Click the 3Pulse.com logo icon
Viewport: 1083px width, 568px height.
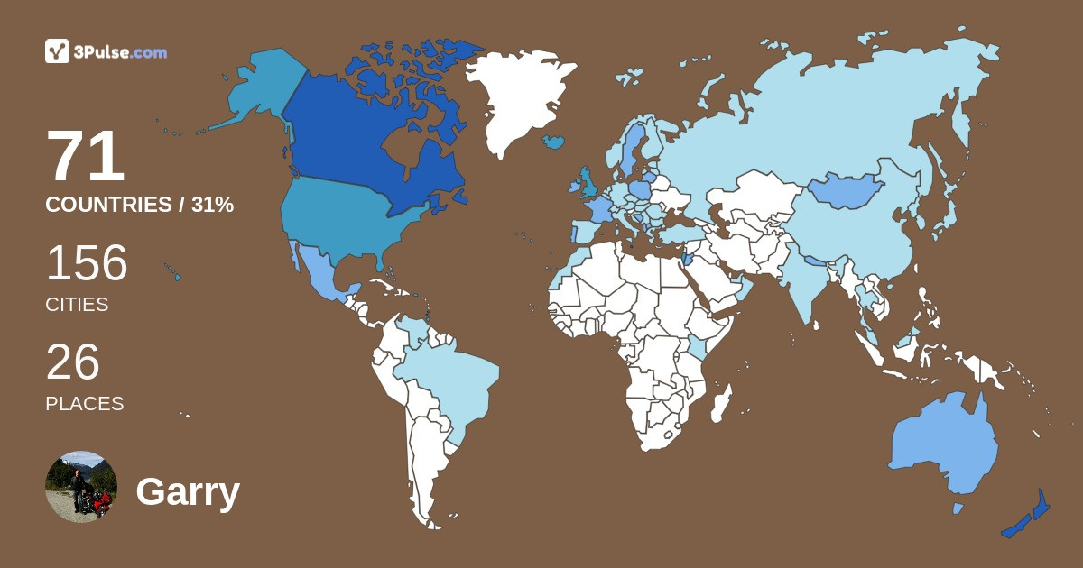click(57, 51)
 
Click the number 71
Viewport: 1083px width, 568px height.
click(86, 158)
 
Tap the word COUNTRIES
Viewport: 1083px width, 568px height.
click(108, 205)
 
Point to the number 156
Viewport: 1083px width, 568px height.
click(87, 263)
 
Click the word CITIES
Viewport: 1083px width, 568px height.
click(77, 305)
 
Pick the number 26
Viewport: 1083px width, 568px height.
click(72, 362)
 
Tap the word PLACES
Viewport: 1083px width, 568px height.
click(85, 404)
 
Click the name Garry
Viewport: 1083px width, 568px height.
click(188, 492)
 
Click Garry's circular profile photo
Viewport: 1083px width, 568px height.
click(81, 487)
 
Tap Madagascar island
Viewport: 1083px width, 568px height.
click(721, 403)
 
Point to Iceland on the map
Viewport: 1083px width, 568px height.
click(554, 142)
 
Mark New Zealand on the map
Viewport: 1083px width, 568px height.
click(1029, 518)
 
